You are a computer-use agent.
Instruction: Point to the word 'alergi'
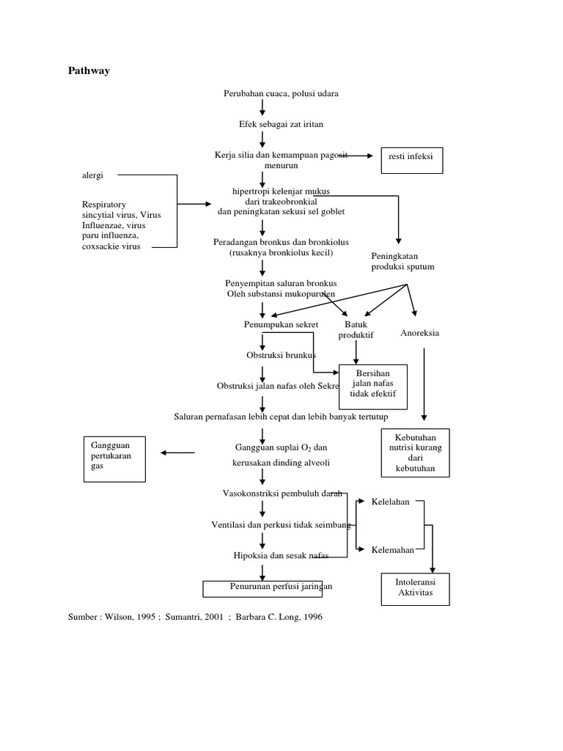pyautogui.click(x=92, y=176)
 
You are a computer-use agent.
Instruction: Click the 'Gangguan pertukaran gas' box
pyautogui.click(x=114, y=458)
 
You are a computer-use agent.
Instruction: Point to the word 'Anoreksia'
pyautogui.click(x=420, y=333)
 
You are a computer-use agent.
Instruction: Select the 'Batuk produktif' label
pyautogui.click(x=356, y=329)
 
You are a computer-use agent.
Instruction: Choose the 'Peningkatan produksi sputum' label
pyautogui.click(x=402, y=261)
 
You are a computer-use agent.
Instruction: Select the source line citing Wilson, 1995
pyautogui.click(x=195, y=617)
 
